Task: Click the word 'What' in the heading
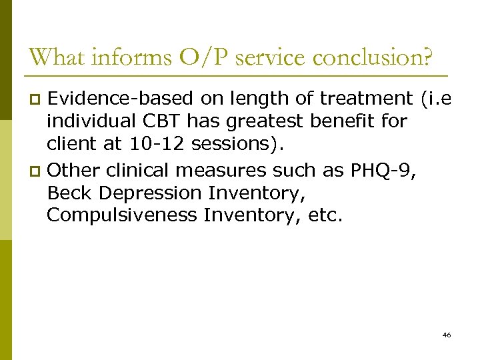pyautogui.click(x=58, y=57)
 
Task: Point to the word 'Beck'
pyautogui.click(x=69, y=193)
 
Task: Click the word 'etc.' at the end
pyautogui.click(x=325, y=215)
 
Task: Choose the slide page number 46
pyautogui.click(x=446, y=335)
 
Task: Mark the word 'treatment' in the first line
pyautogui.click(x=367, y=99)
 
